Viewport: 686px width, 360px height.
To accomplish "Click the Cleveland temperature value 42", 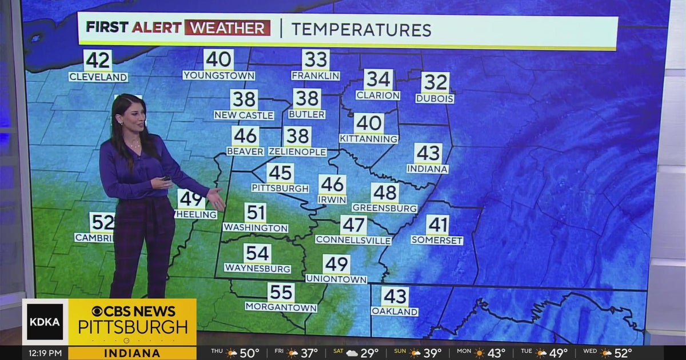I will click(98, 61).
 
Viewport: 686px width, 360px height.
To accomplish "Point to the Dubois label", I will click(434, 98).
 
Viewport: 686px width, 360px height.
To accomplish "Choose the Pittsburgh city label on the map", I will click(280, 188).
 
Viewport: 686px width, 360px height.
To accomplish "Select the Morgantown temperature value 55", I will click(281, 293).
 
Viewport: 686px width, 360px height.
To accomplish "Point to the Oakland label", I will click(394, 311).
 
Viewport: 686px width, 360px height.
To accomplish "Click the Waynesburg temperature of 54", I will click(257, 253).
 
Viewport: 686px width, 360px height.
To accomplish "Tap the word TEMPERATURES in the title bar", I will click(361, 29).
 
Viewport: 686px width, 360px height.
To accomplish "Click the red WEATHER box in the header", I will click(228, 27).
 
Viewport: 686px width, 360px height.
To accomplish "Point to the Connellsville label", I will click(353, 240).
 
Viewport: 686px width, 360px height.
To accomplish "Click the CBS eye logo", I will click(98, 311).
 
